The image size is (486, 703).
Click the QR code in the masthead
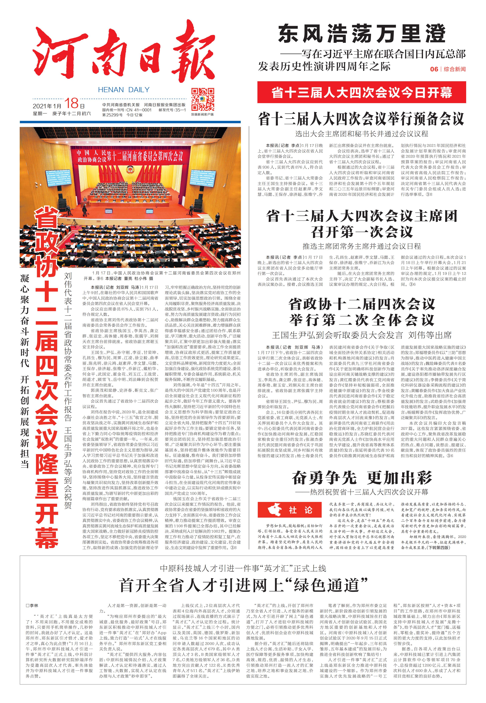(x=203, y=99)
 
